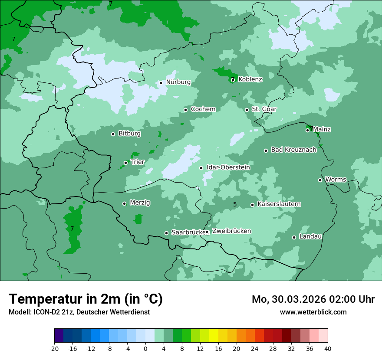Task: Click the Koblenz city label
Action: pos(250,79)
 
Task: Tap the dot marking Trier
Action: pos(126,163)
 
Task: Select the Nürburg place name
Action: pos(178,82)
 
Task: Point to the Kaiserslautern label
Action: pos(279,204)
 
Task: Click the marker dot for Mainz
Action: pos(307,130)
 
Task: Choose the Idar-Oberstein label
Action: pos(228,167)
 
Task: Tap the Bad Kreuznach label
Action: pos(293,150)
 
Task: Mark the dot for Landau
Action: pos(294,237)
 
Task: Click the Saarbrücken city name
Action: pos(188,232)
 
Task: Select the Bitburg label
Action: pos(129,134)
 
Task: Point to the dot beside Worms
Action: pos(320,180)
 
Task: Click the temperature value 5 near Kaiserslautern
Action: pos(235,204)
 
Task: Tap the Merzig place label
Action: pos(140,203)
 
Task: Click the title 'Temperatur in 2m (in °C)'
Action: pos(86,299)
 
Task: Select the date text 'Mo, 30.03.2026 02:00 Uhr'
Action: pos(313,299)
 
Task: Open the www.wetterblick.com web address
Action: pos(313,312)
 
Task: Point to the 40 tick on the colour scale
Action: pos(328,349)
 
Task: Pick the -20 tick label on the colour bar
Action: pos(54,349)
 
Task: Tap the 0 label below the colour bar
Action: pos(145,349)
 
